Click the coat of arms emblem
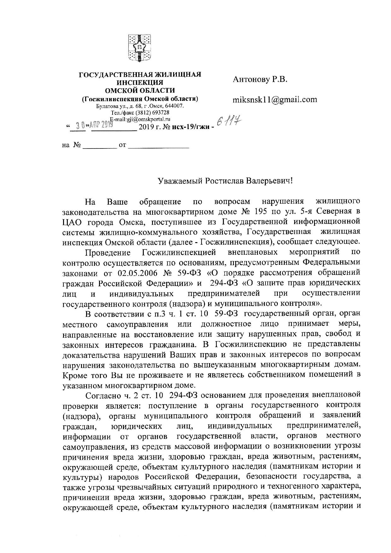coord(140,48)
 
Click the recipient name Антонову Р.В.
coord(260,79)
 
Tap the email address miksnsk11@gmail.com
coord(275,100)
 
